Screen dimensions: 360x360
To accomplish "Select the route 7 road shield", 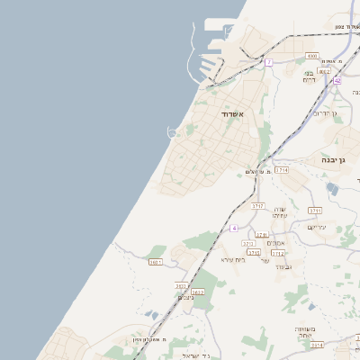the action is click(x=268, y=62).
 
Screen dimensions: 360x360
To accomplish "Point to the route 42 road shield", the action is click(x=337, y=80).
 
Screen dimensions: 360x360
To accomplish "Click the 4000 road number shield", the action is click(x=312, y=56).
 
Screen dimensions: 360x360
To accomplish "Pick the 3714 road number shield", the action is click(x=282, y=169).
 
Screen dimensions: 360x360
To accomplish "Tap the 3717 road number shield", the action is click(x=258, y=206).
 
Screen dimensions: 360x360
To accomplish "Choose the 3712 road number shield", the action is click(x=278, y=253).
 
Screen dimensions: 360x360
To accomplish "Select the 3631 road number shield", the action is click(x=156, y=262).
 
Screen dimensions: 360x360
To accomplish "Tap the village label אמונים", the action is click(x=276, y=243).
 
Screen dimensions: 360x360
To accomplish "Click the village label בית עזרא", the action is click(x=233, y=259).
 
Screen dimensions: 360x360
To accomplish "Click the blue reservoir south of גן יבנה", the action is click(x=333, y=188).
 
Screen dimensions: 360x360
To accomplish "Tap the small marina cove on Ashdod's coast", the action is click(x=171, y=133).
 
